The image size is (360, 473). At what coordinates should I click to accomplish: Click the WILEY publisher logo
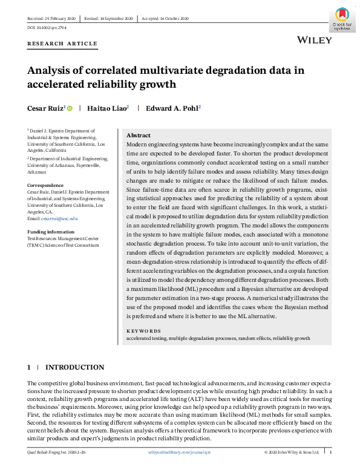coord(315,40)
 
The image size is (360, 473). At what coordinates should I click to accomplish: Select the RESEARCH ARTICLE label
coord(62,44)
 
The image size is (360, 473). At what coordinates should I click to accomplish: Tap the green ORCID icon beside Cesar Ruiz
coord(70,109)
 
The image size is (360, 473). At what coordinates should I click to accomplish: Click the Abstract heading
coord(138,135)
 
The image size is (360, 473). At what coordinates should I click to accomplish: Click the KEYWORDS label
coord(143,331)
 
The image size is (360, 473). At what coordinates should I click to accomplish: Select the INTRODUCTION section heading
coord(74,367)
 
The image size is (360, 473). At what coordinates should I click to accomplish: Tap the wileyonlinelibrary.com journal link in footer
coord(180,452)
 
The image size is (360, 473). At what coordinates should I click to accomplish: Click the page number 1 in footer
coord(330,452)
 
